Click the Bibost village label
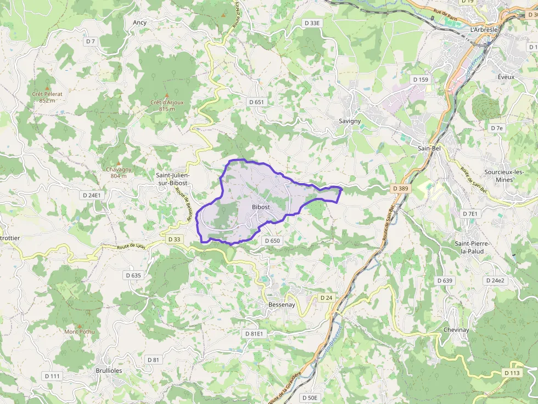click(x=260, y=207)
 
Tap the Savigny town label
click(x=350, y=121)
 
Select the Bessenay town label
click(x=282, y=304)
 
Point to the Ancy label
click(x=139, y=22)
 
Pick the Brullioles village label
click(x=109, y=371)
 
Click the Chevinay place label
click(x=456, y=330)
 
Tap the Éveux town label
click(x=506, y=77)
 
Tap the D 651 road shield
click(x=256, y=102)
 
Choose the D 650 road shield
click(x=272, y=241)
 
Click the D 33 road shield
click(x=174, y=240)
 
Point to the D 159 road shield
click(x=420, y=79)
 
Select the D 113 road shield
click(x=511, y=373)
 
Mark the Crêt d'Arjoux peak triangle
click(x=167, y=95)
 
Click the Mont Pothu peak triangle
click(x=80, y=325)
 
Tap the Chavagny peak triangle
click(x=118, y=163)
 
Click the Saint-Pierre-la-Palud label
click(x=472, y=247)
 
